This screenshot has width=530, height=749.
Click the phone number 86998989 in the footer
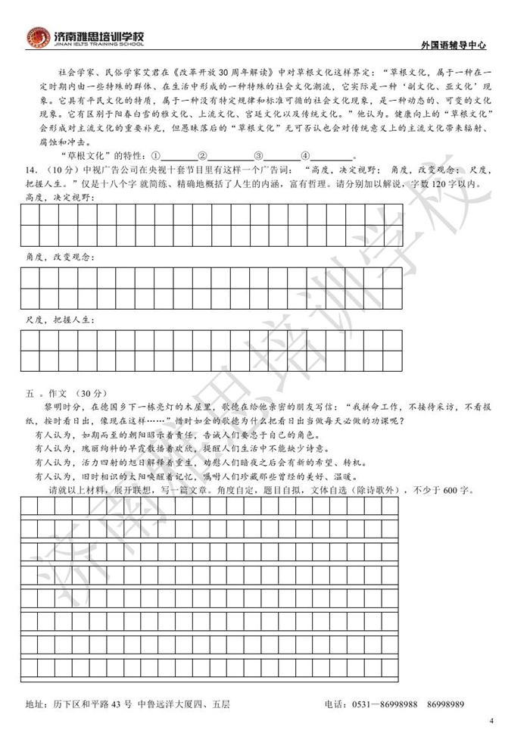[x=445, y=704]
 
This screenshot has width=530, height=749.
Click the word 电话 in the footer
[x=334, y=704]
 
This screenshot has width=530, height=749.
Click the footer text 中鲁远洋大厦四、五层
[x=184, y=704]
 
